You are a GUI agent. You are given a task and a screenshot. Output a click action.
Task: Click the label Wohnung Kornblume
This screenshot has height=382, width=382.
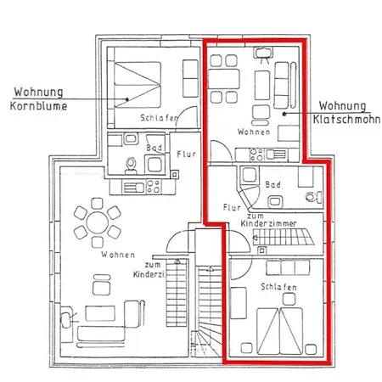(x=39, y=99)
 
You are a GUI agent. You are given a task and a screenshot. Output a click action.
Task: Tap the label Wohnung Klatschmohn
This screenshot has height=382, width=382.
(x=346, y=113)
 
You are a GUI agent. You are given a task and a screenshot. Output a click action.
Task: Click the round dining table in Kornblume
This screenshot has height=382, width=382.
(x=98, y=222)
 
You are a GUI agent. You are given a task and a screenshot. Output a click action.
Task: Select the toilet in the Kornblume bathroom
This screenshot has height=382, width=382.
(x=131, y=166)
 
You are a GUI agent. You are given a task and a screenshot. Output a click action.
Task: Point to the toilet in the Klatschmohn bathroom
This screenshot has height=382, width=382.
(x=314, y=197)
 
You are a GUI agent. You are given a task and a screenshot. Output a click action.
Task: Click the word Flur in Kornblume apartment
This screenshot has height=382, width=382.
(x=186, y=154)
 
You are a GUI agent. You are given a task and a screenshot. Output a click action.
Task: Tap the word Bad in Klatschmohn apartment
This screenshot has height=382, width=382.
(x=272, y=185)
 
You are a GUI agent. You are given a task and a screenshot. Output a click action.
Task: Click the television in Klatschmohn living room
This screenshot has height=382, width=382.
(x=264, y=54)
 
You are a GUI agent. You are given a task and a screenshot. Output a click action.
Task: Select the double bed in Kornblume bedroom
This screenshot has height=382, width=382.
(x=138, y=85)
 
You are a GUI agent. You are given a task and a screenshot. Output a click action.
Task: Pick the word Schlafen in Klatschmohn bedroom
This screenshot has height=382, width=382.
(x=278, y=287)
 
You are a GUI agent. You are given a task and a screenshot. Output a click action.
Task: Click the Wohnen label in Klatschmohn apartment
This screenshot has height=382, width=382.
(x=254, y=132)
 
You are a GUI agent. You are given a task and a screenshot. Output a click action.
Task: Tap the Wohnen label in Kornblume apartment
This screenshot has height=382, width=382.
(x=118, y=255)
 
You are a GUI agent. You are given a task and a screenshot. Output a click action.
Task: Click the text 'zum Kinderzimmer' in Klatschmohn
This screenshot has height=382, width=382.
(x=268, y=220)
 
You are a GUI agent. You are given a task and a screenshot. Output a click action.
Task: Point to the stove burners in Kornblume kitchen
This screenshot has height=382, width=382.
(x=154, y=187)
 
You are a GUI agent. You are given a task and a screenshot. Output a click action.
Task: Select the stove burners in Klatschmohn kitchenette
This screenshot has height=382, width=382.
(x=256, y=154)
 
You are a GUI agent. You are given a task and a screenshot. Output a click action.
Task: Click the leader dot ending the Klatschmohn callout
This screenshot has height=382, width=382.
(x=284, y=114)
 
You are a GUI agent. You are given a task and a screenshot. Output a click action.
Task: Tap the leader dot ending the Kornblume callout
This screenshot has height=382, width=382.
(x=127, y=99)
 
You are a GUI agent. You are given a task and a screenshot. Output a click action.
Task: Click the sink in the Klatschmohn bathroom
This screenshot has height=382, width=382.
(x=275, y=202)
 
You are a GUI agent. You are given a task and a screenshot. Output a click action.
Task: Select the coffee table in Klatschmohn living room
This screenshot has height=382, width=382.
(x=262, y=85)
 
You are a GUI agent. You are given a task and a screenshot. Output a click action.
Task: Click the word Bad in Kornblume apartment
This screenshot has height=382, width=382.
(x=154, y=148)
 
